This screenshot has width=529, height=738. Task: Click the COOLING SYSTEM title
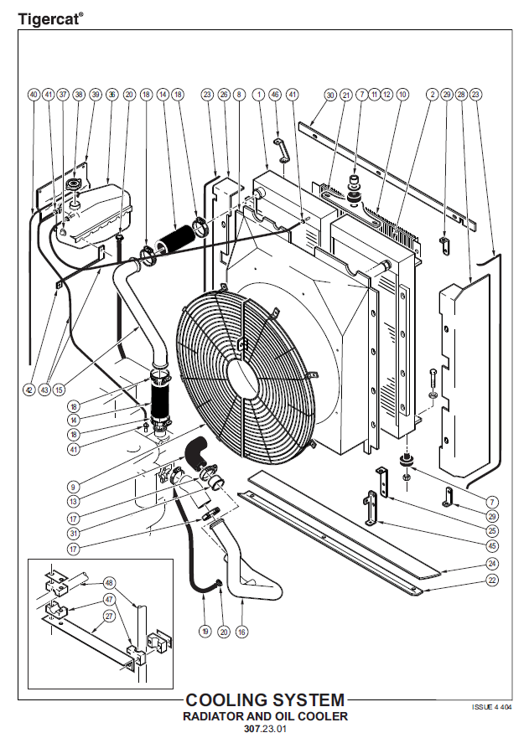pyautogui.click(x=265, y=699)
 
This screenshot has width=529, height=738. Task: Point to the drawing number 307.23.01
pyautogui.click(x=265, y=729)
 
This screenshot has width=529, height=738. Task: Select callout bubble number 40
pyautogui.click(x=34, y=95)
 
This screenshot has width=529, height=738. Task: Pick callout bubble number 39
pyautogui.click(x=95, y=95)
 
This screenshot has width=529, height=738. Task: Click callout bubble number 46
pyautogui.click(x=275, y=95)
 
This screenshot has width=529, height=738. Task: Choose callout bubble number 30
pyautogui.click(x=330, y=95)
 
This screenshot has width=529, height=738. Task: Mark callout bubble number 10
pyautogui.click(x=402, y=95)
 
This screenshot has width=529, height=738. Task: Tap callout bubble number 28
pyautogui.click(x=461, y=95)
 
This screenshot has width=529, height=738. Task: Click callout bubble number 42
pyautogui.click(x=29, y=390)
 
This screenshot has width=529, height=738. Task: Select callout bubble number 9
pyautogui.click(x=74, y=486)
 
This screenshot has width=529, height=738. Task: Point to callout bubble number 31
pyautogui.click(x=74, y=534)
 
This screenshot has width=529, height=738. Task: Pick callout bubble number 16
pyautogui.click(x=242, y=632)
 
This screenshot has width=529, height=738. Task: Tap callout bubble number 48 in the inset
pyautogui.click(x=110, y=582)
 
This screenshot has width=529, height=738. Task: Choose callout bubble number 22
pyautogui.click(x=492, y=581)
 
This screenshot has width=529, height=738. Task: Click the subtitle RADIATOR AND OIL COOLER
pyautogui.click(x=265, y=716)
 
